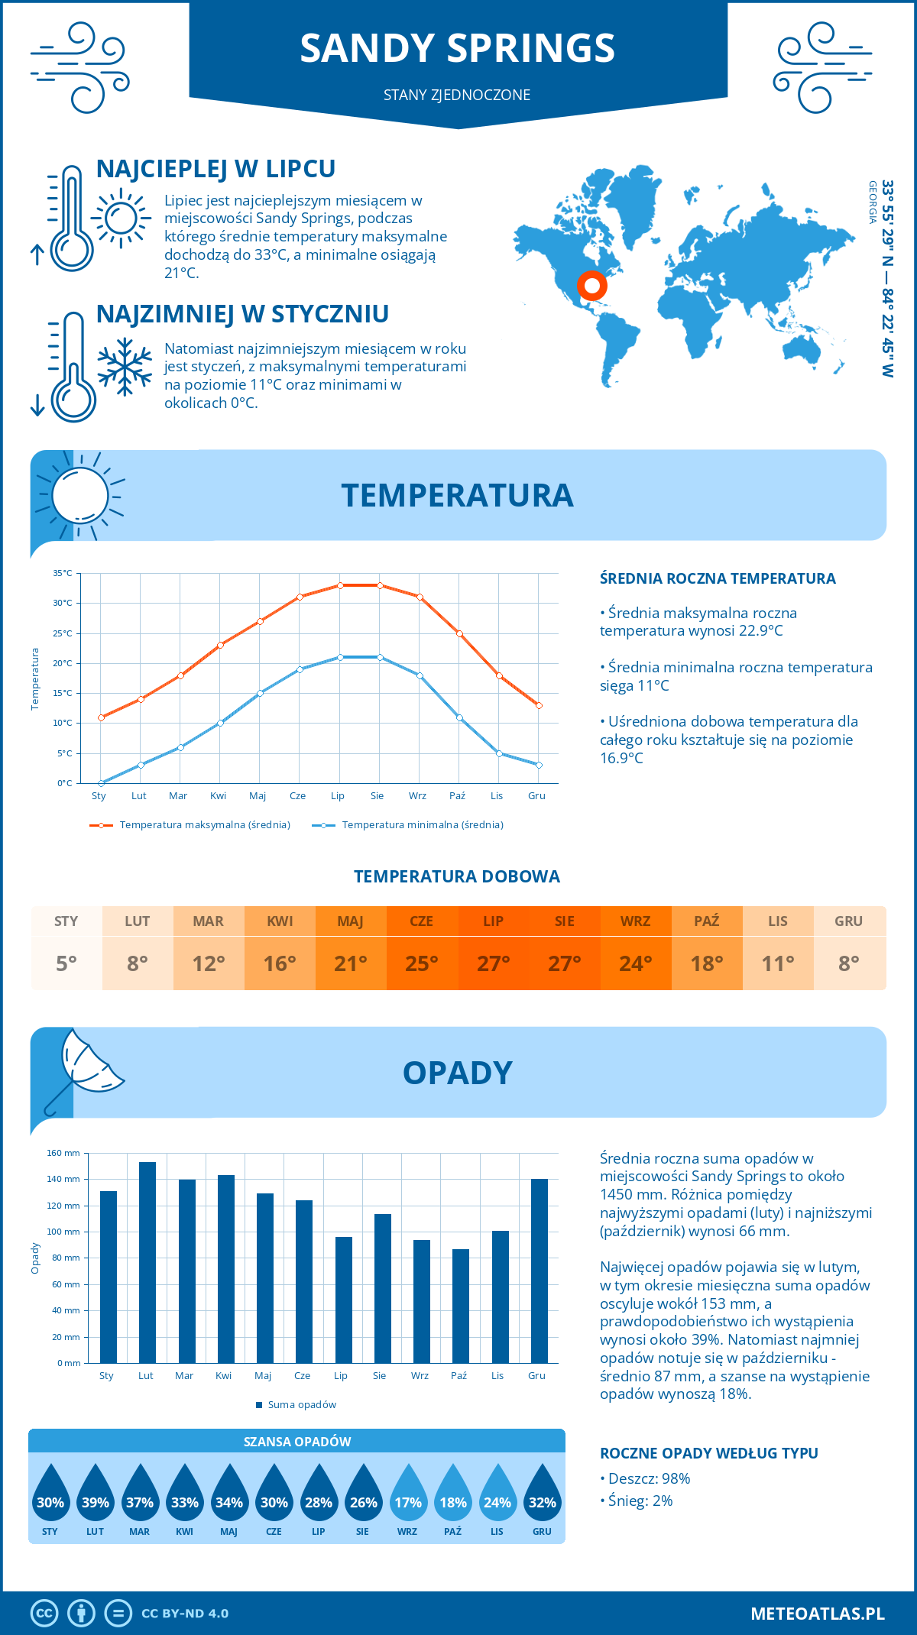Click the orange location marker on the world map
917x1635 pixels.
coord(591,286)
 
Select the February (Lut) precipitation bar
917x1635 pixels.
coord(147,1262)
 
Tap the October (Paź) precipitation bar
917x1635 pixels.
coord(460,1306)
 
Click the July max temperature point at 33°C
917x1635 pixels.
coord(340,585)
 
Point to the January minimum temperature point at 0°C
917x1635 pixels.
coord(101,783)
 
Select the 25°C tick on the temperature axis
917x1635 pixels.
coord(63,633)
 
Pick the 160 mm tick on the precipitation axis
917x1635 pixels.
coord(63,1153)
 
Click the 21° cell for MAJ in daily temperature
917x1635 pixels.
coord(351,963)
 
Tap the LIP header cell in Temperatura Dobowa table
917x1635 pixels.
coord(493,921)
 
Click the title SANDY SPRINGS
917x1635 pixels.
coord(457,48)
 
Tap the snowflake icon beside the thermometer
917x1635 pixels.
coord(125,366)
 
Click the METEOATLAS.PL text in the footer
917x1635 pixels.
coord(817,1614)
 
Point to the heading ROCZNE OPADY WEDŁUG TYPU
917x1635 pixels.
coord(708,1453)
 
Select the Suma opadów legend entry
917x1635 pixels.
coord(301,1405)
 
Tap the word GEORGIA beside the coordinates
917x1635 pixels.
coord(872,202)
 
